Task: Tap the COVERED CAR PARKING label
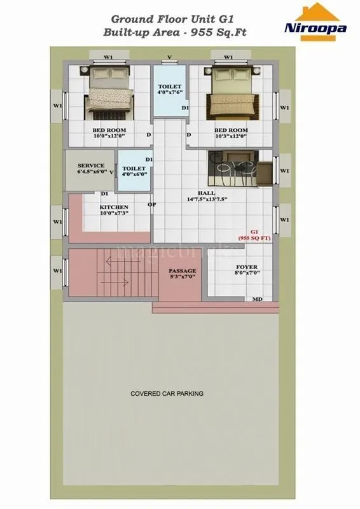pos(167,394)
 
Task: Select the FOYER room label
pos(246,267)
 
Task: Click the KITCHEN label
pos(114,207)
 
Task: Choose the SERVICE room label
pos(91,165)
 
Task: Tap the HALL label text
pos(206,193)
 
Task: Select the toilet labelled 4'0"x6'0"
pos(134,170)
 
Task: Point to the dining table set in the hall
pos(234,168)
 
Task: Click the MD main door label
pos(258,299)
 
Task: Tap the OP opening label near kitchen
pos(152,205)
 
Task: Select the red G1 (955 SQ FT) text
pos(254,234)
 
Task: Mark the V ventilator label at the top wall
pos(169,57)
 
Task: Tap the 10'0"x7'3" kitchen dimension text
pos(114,214)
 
